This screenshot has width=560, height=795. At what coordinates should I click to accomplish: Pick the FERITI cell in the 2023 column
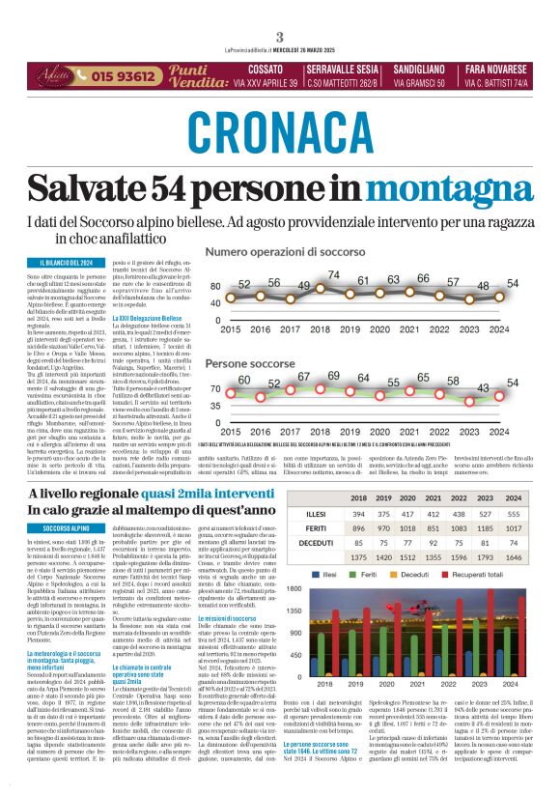pos(480,528)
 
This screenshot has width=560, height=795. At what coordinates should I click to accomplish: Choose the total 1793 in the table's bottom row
pos(480,557)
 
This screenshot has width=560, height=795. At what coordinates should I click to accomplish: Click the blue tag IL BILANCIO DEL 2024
pos(67,264)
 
